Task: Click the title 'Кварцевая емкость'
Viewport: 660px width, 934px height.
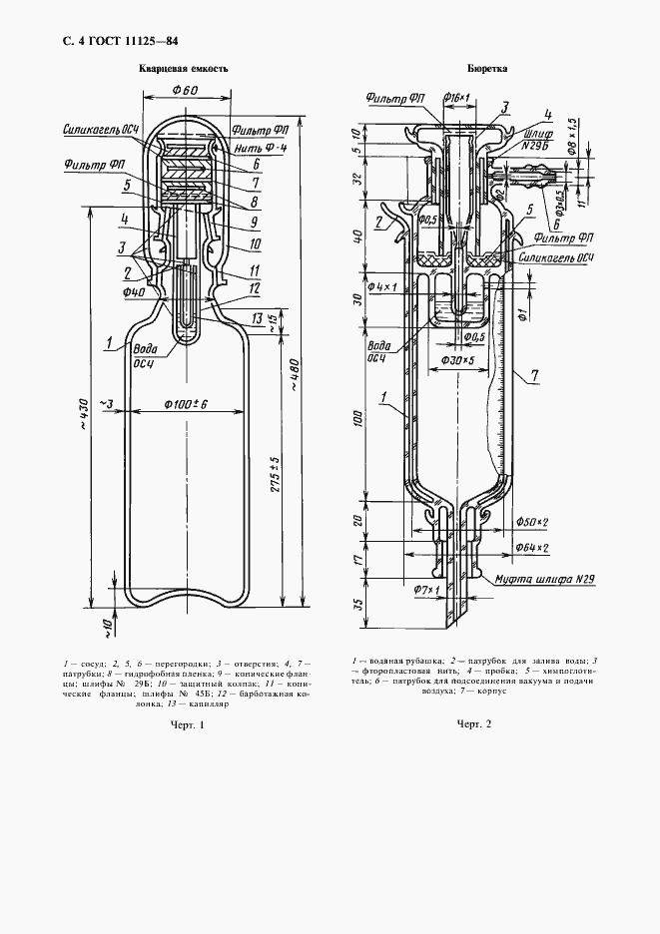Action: (x=184, y=70)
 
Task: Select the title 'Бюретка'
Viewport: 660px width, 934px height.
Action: (x=486, y=70)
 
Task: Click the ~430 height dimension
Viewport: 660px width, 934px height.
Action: (x=80, y=425)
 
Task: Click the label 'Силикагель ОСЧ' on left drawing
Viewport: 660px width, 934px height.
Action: (x=92, y=130)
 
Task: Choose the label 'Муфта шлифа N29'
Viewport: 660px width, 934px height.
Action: (x=534, y=578)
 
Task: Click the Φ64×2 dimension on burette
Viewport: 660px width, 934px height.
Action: (x=532, y=548)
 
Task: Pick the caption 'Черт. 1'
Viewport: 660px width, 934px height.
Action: (x=187, y=725)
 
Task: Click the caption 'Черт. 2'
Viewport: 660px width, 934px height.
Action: (x=475, y=725)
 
